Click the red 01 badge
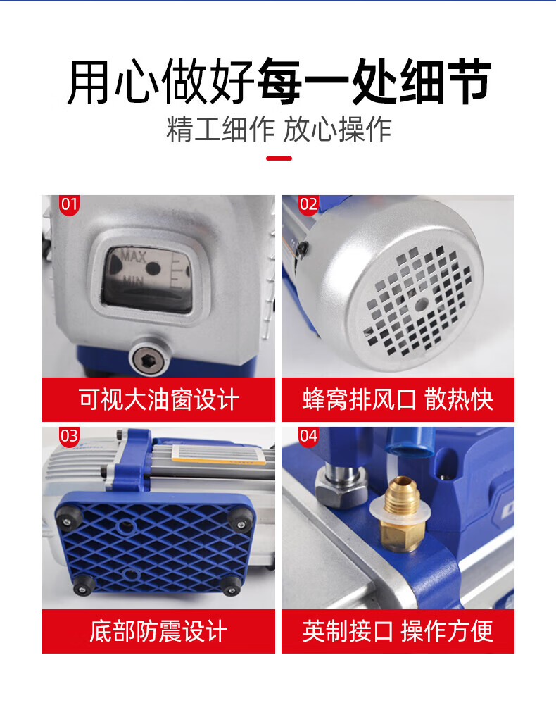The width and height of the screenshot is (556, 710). pos(69,205)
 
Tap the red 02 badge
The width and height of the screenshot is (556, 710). pos(308,205)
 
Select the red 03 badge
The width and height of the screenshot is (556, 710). pos(69,437)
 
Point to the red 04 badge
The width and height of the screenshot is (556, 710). pos(308,437)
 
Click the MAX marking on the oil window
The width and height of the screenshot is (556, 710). pos(133,257)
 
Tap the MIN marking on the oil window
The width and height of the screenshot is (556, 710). pos(134,281)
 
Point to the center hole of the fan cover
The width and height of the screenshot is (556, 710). pos(421,304)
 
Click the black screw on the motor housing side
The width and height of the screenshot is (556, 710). pos(302,247)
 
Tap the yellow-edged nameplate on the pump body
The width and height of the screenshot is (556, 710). pos(218,454)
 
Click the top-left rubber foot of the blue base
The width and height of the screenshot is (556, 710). pos(68,518)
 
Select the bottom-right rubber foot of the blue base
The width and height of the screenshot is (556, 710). pos(232,586)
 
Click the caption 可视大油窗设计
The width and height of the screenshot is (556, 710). pos(158,400)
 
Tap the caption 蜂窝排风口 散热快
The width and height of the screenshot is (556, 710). pos(398,400)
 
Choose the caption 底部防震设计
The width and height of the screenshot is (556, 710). pos(158,632)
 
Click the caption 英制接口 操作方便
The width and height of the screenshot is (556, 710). pos(398,632)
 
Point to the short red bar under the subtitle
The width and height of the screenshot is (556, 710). pos(279,158)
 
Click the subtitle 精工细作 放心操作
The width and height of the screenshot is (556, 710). pos(279,130)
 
